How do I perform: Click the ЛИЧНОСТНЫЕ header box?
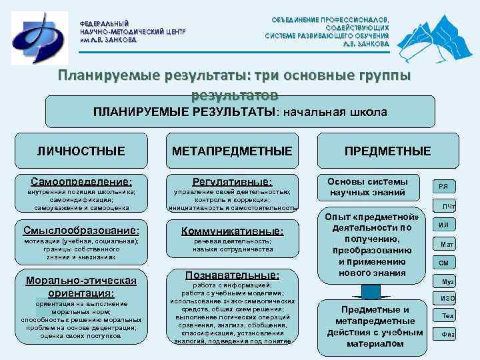pos(80,151)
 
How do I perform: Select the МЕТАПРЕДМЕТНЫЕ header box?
pos(231,151)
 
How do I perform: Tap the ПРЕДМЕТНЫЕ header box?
pos(387,151)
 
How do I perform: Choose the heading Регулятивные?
pos(232,181)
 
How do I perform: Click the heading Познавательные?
pos(232,275)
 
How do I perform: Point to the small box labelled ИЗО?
pos(445,297)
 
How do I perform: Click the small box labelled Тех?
pos(447,315)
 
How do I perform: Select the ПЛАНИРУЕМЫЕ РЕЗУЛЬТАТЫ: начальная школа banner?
pos(239,112)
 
